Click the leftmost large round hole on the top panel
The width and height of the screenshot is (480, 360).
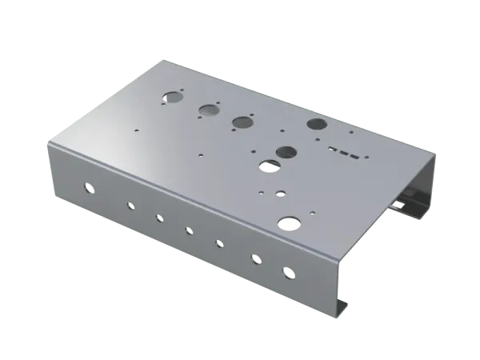172,98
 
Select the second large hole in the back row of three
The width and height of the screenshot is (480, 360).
209,110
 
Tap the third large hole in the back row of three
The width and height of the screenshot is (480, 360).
242,122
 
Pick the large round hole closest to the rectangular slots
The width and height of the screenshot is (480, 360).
317,125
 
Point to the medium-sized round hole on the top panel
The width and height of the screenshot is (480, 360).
281,193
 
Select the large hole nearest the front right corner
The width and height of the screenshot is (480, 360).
288,222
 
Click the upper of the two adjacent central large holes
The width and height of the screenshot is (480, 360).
286,151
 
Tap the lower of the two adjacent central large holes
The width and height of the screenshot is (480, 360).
269,166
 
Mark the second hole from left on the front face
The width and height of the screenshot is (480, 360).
128,205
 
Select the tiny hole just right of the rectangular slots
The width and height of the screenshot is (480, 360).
366,157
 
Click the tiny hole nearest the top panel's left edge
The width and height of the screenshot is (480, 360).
138,129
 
